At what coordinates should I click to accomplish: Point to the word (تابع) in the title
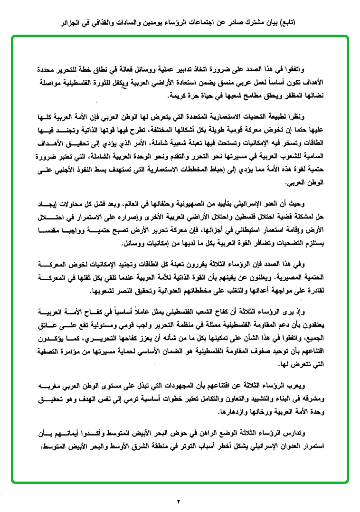(290, 22)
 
